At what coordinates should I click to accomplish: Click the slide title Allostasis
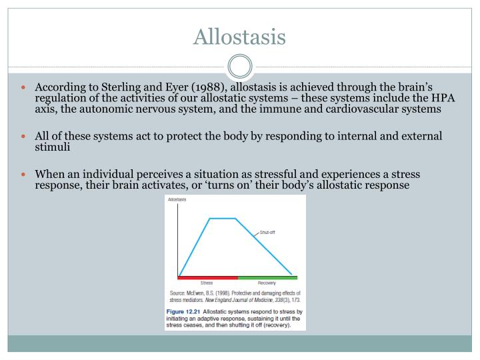pyautogui.click(x=239, y=37)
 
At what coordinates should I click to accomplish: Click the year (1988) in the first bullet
pyautogui.click(x=209, y=87)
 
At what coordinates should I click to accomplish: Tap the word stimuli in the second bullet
pyautogui.click(x=53, y=147)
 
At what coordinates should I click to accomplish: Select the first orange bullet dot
pyautogui.click(x=23, y=87)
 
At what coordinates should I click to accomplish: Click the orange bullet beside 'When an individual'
pyautogui.click(x=23, y=175)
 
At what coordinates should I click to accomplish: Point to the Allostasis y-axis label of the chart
pyautogui.click(x=177, y=199)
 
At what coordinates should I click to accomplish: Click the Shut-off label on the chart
pyautogui.click(x=267, y=233)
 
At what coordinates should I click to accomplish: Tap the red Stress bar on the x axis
pyautogui.click(x=208, y=277)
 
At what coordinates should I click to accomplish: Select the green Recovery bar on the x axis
pyautogui.click(x=267, y=277)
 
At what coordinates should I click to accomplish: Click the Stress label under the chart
pyautogui.click(x=207, y=283)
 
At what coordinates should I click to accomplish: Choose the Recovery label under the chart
pyautogui.click(x=267, y=283)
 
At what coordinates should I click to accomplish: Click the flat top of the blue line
pyautogui.click(x=223, y=218)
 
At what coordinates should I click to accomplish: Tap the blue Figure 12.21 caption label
pyautogui.click(x=183, y=311)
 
